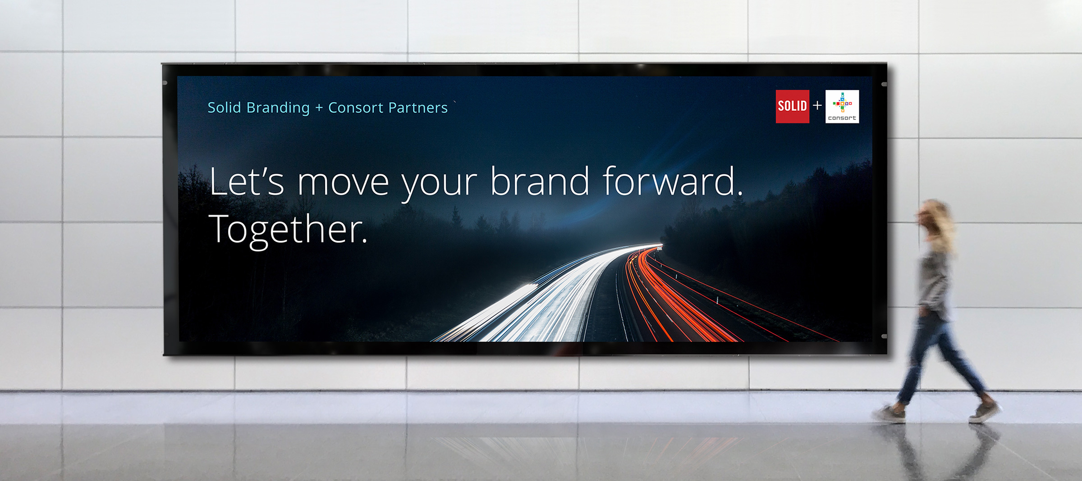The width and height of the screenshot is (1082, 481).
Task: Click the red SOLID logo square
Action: [792, 106]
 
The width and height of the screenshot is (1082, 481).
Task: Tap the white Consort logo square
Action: [842, 106]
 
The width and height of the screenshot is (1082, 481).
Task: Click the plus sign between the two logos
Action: [817, 106]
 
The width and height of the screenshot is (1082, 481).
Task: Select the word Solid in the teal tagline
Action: [224, 108]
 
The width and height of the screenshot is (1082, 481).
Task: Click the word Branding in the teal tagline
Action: [278, 108]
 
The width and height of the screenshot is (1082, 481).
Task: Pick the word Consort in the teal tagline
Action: [355, 108]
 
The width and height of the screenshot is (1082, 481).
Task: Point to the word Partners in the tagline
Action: [417, 108]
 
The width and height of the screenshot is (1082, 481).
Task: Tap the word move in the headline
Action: [343, 182]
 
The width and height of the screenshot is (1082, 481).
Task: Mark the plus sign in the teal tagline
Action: [319, 108]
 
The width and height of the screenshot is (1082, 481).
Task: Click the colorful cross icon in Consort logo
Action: [842, 103]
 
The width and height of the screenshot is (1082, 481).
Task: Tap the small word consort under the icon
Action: [842, 118]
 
